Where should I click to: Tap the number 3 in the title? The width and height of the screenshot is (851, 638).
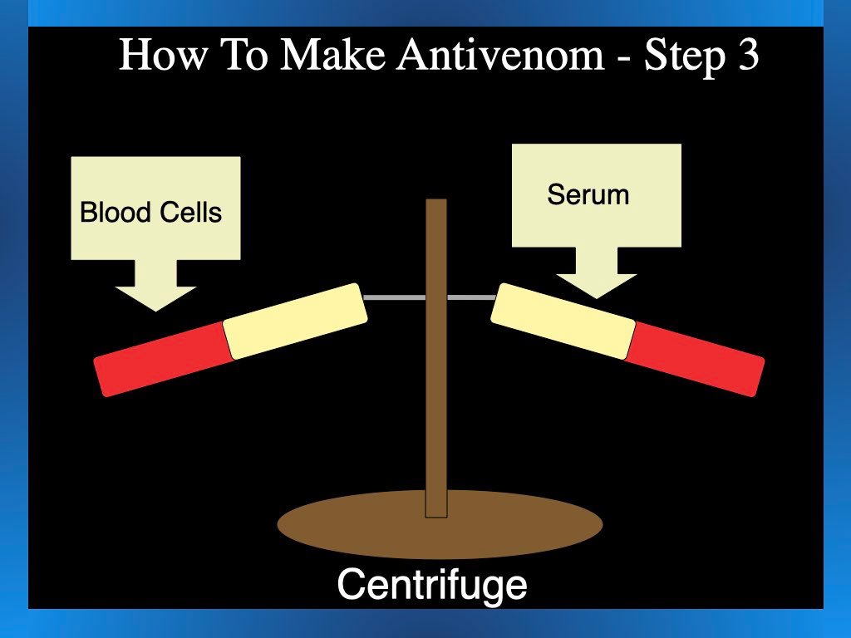(x=745, y=56)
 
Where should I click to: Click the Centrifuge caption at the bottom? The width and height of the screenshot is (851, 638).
(x=431, y=584)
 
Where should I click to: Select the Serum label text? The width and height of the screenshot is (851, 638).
(x=588, y=194)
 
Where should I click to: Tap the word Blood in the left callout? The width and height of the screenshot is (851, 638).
(x=114, y=212)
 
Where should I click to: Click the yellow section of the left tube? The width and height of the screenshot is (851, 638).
(x=296, y=321)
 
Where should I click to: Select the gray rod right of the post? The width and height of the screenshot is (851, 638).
(x=472, y=297)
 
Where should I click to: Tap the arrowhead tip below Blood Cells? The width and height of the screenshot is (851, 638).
(x=155, y=310)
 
